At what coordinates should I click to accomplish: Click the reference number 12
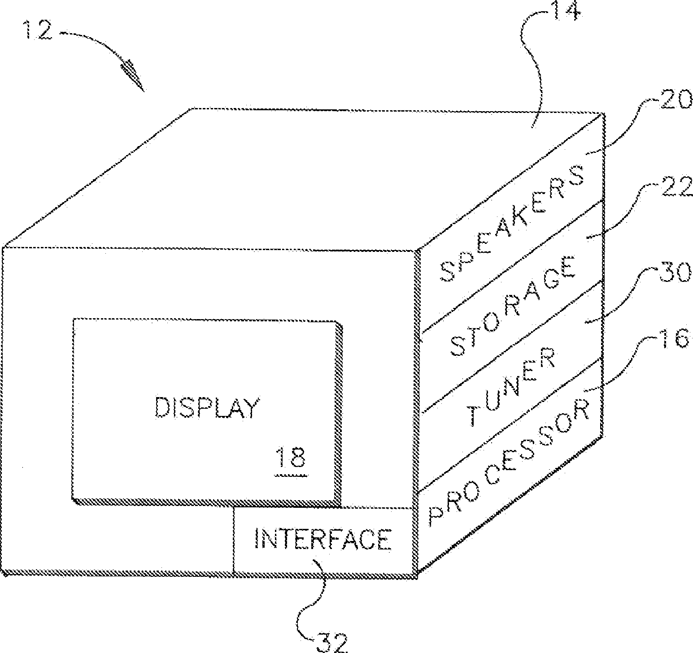[x=38, y=32]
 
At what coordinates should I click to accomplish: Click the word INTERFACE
[x=323, y=539]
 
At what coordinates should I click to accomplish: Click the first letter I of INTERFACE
[x=258, y=539]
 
